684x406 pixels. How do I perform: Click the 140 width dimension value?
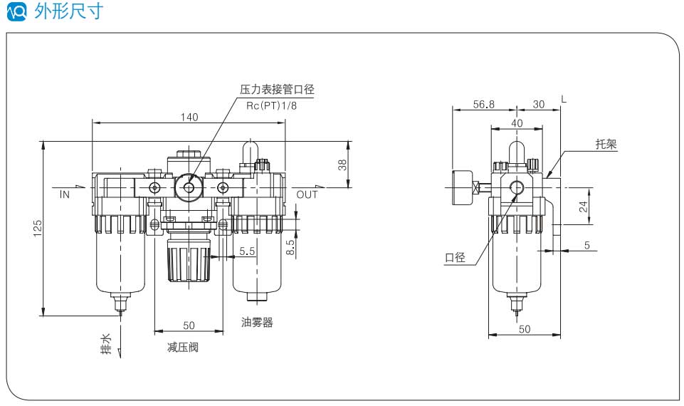click(x=189, y=117)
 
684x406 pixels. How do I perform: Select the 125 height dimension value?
click(x=38, y=227)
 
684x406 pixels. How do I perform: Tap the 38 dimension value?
click(x=342, y=165)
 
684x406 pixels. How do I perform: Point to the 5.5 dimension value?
click(x=248, y=251)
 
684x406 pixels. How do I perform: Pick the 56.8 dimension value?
click(x=483, y=104)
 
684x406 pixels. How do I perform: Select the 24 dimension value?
click(x=583, y=207)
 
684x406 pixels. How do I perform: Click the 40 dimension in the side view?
click(x=517, y=123)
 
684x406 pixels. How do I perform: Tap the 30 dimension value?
click(x=538, y=104)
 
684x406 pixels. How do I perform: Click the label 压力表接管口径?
click(x=277, y=90)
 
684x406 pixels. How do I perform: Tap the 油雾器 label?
click(x=257, y=322)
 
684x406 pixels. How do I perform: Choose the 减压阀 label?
click(x=182, y=348)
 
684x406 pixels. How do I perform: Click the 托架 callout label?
click(x=606, y=144)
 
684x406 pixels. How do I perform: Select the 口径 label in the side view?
click(x=455, y=258)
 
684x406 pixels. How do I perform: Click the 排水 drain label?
click(x=105, y=344)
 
